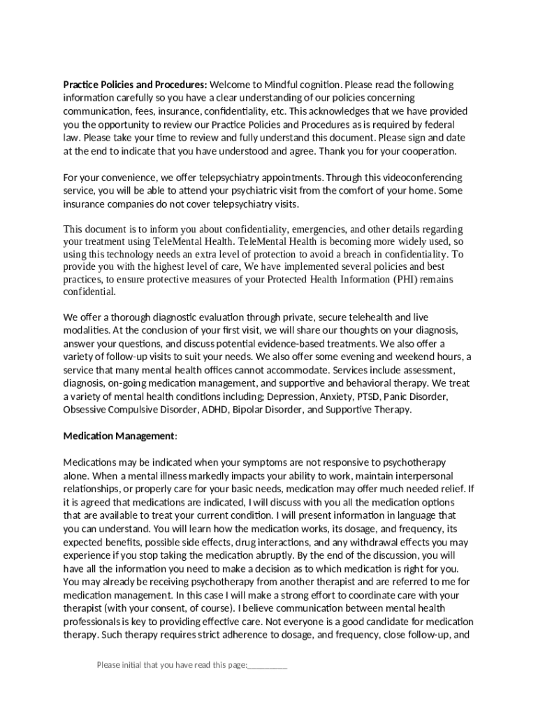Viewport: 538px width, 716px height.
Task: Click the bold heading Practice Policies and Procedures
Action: tap(135, 85)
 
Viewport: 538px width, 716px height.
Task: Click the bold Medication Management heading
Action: tap(119, 436)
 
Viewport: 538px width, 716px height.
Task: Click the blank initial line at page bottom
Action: tap(268, 665)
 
